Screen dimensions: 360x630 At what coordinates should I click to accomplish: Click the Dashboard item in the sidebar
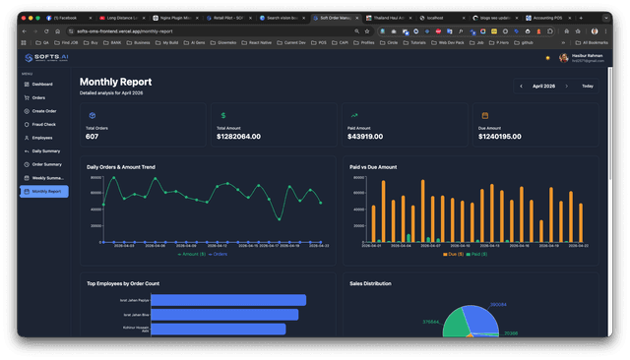click(41, 85)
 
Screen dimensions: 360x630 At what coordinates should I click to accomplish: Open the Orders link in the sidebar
click(38, 98)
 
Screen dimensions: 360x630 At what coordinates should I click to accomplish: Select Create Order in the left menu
click(44, 111)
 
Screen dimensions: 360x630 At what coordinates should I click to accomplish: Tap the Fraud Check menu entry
click(43, 124)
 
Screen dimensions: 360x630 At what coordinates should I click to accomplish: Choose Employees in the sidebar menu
click(42, 138)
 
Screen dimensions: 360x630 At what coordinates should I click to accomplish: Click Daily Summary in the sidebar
click(45, 150)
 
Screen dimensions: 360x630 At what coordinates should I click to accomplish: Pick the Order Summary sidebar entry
click(46, 164)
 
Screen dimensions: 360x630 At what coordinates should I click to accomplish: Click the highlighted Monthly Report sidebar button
click(45, 191)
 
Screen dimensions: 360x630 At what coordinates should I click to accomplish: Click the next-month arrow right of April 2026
click(569, 87)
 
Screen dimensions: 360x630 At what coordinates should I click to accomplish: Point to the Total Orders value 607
click(93, 136)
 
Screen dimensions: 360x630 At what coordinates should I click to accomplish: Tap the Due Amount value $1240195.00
click(507, 136)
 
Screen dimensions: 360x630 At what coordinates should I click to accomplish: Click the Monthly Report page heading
click(115, 82)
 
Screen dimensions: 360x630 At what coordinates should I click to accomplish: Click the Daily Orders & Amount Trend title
click(134, 167)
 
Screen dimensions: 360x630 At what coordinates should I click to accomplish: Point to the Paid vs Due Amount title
click(373, 167)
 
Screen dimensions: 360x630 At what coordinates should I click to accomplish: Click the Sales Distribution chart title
click(371, 283)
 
